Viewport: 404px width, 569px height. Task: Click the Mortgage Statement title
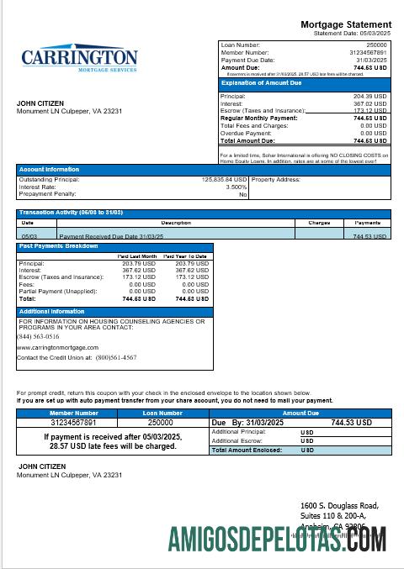click(346, 24)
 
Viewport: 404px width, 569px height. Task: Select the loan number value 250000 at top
click(376, 44)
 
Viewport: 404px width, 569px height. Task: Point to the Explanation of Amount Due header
click(255, 83)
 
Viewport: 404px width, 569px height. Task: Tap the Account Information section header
click(49, 169)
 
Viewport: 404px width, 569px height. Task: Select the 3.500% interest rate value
click(236, 187)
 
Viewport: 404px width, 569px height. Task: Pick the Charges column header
click(319, 223)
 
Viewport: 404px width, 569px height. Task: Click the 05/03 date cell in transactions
click(29, 236)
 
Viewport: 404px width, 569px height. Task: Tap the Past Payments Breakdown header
click(58, 246)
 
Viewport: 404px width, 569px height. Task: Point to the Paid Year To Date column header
click(185, 256)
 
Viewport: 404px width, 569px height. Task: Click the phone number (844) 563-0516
click(38, 335)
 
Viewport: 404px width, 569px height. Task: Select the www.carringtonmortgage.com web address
click(57, 347)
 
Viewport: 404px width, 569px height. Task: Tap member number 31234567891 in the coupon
click(74, 423)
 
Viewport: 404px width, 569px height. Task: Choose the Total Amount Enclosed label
click(246, 450)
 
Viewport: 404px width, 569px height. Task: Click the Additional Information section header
click(51, 311)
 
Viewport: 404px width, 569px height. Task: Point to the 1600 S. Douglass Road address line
click(339, 506)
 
